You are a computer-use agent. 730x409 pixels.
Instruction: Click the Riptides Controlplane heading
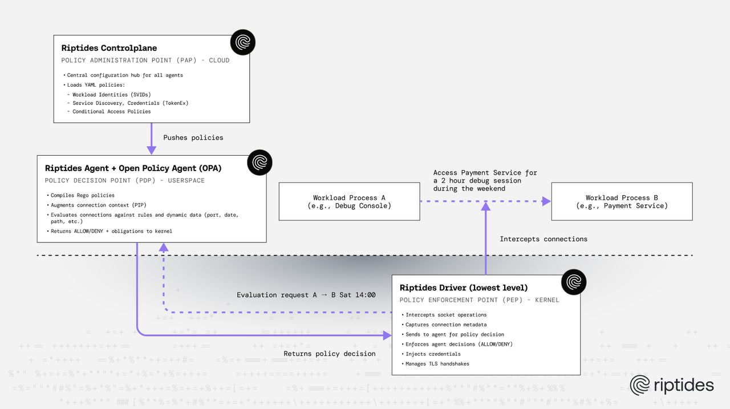[x=109, y=48]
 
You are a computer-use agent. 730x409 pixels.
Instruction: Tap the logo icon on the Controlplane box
[x=242, y=43]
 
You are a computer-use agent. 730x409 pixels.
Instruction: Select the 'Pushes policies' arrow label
[x=193, y=137]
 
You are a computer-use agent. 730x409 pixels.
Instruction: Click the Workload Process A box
[x=349, y=201]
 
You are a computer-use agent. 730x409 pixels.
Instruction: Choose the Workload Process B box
[x=622, y=201]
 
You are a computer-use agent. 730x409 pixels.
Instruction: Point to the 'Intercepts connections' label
[x=543, y=239]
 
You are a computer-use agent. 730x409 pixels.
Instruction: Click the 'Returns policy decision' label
[x=330, y=354]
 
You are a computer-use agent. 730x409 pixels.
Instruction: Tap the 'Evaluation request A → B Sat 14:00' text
[x=306, y=295]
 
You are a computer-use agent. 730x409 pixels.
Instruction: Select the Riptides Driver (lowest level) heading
[x=463, y=287]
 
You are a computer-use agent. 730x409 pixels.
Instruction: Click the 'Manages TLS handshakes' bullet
[x=437, y=363]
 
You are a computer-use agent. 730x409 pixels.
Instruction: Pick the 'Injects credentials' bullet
[x=433, y=354]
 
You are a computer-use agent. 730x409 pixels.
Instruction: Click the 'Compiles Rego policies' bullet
[x=82, y=196]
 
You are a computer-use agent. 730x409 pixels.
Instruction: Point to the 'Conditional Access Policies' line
[x=111, y=111]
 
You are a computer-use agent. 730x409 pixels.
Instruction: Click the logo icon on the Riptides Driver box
[x=573, y=282]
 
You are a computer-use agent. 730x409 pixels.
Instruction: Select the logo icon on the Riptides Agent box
[x=259, y=162]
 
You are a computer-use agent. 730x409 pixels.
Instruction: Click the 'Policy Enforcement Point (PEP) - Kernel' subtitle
[x=479, y=300]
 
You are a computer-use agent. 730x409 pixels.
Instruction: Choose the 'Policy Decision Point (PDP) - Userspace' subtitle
[x=124, y=180]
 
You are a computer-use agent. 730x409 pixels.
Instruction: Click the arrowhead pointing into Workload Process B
[x=546, y=201]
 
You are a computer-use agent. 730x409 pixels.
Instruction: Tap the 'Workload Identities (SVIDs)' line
[x=111, y=94]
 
